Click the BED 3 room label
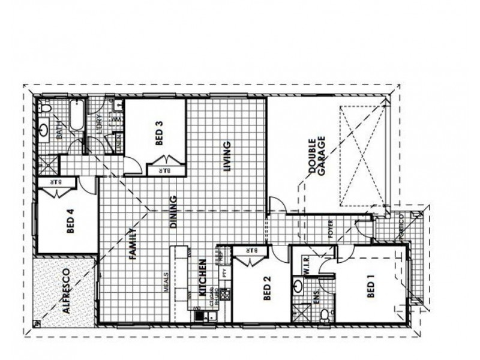pos(158,133)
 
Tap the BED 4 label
pos(70,221)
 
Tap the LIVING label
pos(227,156)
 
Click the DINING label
pos(173,212)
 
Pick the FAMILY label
pos(134,244)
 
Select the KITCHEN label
pos(203,278)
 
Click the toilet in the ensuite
pos(323,313)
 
